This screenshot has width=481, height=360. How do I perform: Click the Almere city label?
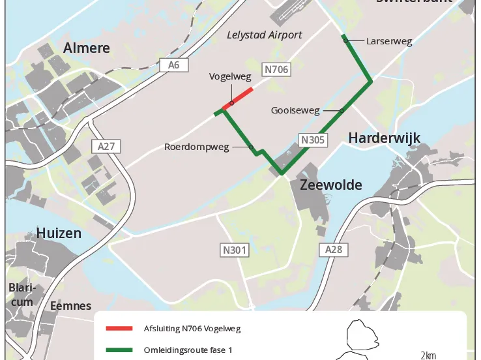(86, 48)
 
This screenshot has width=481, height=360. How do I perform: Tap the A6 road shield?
(173, 65)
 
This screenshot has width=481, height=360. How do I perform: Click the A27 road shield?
(106, 146)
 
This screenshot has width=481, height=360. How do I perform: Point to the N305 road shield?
(313, 140)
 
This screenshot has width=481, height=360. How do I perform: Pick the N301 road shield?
(234, 249)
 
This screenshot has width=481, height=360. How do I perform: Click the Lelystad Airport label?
(264, 35)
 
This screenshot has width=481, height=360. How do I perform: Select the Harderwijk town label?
(384, 138)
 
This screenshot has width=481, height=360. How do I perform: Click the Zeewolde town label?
(330, 185)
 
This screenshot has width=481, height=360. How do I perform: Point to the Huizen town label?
(59, 233)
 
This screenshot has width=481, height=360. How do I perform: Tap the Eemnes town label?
(70, 305)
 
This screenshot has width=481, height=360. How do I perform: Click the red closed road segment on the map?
(238, 98)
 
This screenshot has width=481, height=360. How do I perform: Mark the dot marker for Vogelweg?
(231, 103)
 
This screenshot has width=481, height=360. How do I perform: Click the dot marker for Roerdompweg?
(251, 147)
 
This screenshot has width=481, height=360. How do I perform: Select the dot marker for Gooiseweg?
(342, 110)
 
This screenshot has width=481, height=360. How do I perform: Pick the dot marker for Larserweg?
(345, 41)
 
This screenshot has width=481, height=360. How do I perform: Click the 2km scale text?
(428, 355)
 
